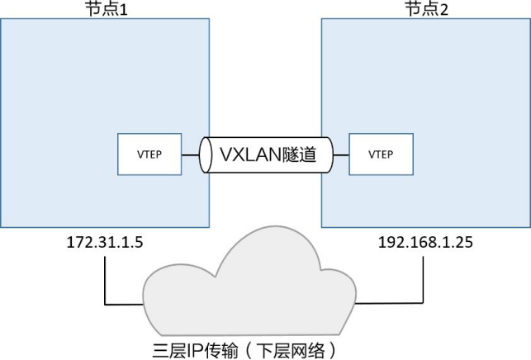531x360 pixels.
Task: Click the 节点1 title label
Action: click(107, 9)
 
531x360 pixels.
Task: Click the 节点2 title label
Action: click(426, 9)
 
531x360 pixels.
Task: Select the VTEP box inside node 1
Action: click(149, 154)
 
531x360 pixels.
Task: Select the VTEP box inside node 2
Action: click(381, 154)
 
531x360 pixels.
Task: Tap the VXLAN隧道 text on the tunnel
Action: click(268, 154)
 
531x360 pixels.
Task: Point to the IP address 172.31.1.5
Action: click(105, 243)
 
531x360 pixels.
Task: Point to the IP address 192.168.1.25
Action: click(425, 243)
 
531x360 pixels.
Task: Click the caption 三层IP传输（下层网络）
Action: click(244, 351)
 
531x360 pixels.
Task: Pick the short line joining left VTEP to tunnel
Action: click(190, 155)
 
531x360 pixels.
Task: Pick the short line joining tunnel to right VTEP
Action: click(341, 155)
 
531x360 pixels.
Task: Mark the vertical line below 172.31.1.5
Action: click(105, 281)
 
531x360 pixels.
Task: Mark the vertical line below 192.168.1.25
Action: click(423, 280)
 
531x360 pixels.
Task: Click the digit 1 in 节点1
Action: click(124, 10)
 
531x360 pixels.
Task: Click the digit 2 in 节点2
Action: click(444, 10)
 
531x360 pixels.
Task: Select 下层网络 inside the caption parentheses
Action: click(291, 351)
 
